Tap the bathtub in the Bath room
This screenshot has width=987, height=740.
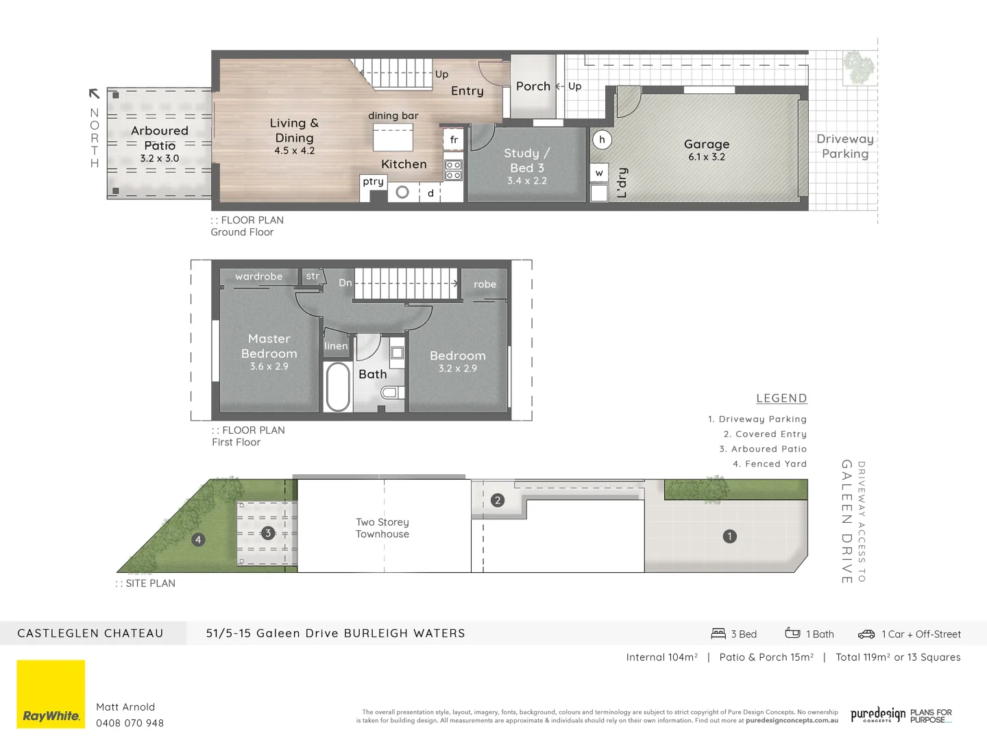[x=338, y=386]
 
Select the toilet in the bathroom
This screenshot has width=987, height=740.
[x=391, y=392]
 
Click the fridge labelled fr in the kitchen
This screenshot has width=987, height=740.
[x=454, y=139]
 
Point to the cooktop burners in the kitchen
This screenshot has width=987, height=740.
[x=454, y=170]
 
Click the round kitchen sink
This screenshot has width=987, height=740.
[x=402, y=193]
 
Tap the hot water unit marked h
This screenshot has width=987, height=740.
[x=602, y=140]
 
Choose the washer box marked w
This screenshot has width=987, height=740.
[x=599, y=173]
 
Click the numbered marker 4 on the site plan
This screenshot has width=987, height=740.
[x=198, y=539]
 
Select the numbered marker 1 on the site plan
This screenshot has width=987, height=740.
[x=730, y=536]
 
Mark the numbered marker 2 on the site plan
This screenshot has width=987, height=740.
[x=498, y=500]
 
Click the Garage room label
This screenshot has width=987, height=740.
[x=707, y=145]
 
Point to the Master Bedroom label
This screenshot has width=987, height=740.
[x=269, y=346]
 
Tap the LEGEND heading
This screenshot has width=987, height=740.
[x=781, y=398]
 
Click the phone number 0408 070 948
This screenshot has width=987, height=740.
[x=130, y=723]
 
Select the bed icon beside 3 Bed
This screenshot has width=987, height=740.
[x=718, y=634]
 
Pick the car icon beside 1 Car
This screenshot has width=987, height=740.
[x=866, y=634]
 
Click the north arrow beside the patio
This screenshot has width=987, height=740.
[x=95, y=94]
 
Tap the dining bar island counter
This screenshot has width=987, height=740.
[x=393, y=137]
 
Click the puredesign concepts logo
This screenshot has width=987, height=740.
[x=878, y=715]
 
